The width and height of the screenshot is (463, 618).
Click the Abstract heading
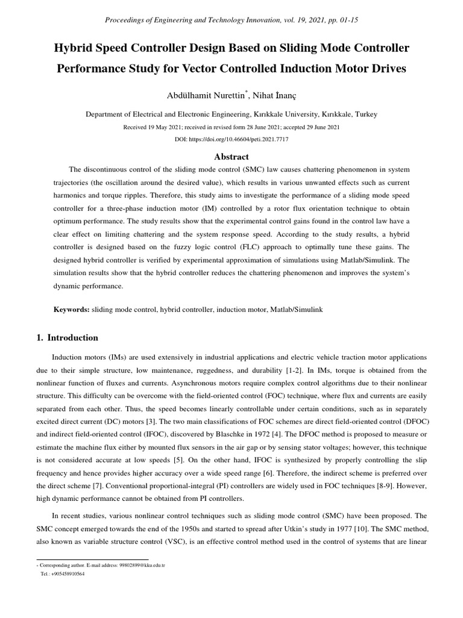click(231, 156)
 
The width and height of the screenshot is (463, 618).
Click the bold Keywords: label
click(72, 309)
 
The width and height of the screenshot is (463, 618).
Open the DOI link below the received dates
click(231, 139)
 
